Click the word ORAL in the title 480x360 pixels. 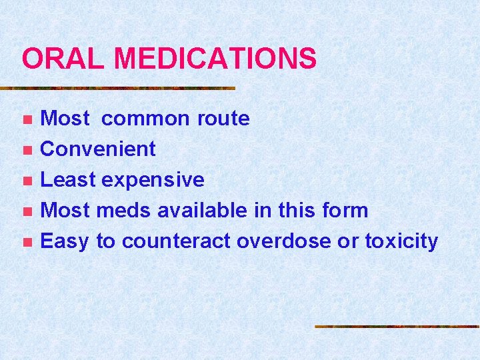click(63, 59)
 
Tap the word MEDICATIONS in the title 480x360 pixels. click(215, 59)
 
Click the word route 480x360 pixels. click(223, 119)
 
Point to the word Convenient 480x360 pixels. click(98, 149)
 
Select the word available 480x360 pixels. click(204, 211)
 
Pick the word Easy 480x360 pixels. click(65, 241)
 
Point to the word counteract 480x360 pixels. click(175, 241)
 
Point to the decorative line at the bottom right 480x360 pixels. click(397, 327)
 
